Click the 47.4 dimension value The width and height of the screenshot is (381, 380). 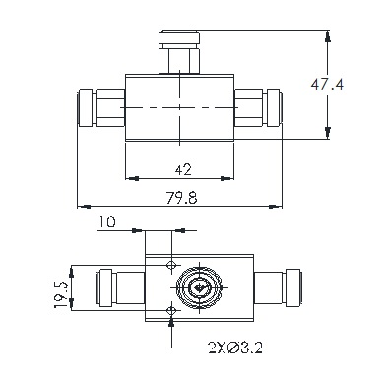[x=327, y=85]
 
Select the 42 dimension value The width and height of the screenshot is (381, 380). [x=183, y=170]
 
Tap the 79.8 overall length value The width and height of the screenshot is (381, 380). [x=182, y=198]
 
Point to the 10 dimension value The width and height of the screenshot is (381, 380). [x=107, y=222]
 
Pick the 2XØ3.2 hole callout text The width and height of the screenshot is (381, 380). [x=235, y=348]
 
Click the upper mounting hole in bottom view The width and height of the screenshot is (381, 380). [x=171, y=265]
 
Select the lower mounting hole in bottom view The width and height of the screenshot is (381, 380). [x=171, y=310]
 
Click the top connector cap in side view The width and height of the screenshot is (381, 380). [x=179, y=37]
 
